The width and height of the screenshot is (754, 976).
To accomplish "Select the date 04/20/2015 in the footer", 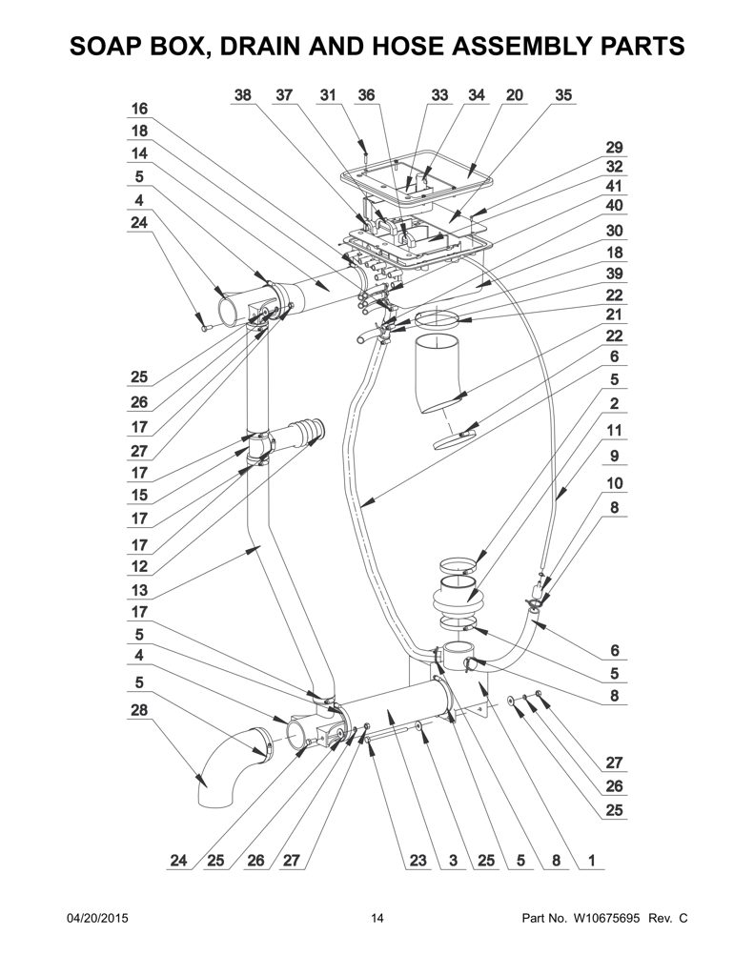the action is tap(97, 918).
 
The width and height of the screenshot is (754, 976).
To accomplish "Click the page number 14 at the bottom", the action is tap(377, 918).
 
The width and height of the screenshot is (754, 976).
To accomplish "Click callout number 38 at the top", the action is tap(242, 95).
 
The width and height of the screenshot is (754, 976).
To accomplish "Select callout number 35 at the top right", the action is tap(562, 95).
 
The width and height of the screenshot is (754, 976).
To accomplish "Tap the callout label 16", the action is tap(139, 109).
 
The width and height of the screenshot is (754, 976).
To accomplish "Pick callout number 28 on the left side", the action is tap(139, 710).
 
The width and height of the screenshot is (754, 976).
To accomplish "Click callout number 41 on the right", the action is tap(614, 186).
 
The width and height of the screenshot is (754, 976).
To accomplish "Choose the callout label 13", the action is tap(139, 590).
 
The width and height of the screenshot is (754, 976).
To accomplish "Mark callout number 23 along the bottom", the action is tap(418, 861).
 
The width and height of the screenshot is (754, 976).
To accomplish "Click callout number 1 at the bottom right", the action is tap(592, 861).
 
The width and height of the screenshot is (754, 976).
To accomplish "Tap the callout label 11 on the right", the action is tap(614, 430).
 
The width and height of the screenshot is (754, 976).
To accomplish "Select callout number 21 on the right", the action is tap(614, 315).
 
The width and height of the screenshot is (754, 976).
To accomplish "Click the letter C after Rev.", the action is tap(683, 918).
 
